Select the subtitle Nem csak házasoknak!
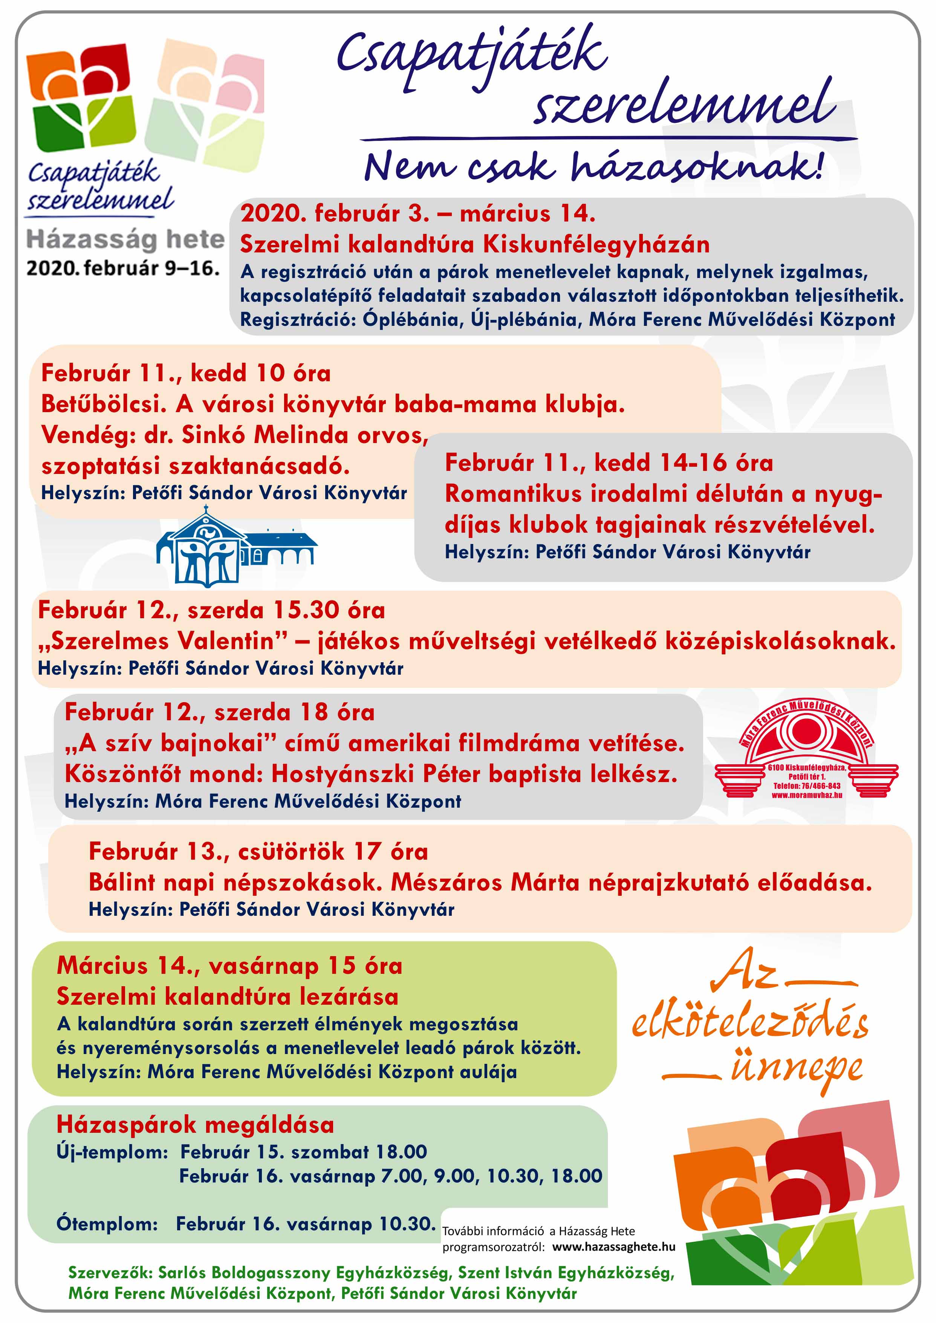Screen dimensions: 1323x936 [593, 167]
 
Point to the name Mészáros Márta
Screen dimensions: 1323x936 [484, 882]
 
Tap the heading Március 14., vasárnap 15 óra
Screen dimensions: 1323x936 [229, 966]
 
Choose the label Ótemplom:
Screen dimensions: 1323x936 [107, 1223]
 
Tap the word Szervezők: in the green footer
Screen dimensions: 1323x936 [110, 1272]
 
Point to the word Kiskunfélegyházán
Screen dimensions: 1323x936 [596, 245]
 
